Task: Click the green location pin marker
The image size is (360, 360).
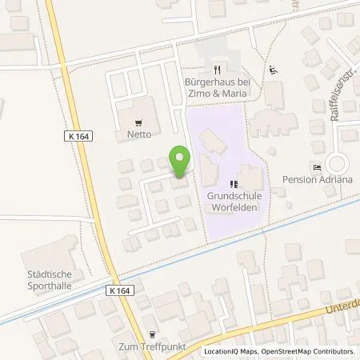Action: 180,162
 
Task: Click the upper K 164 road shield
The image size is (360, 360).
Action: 79,137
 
